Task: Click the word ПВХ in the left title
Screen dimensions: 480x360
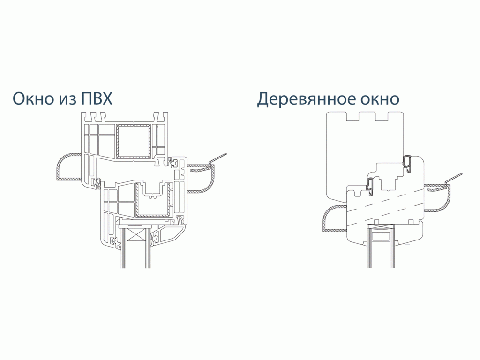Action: click(x=96, y=98)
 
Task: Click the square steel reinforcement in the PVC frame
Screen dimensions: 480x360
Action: click(x=133, y=141)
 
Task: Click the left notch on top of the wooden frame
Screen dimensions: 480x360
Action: click(x=352, y=116)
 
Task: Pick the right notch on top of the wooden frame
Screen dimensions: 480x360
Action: click(x=382, y=116)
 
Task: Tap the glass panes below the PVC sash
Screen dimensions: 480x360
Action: click(x=135, y=256)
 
